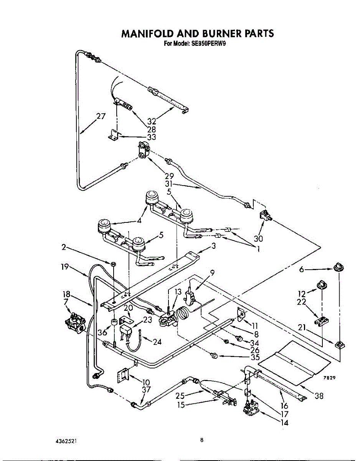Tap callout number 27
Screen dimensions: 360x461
[101, 116]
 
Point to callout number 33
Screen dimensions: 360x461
[151, 137]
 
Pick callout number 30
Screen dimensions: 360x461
[258, 239]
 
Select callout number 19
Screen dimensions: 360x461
[65, 267]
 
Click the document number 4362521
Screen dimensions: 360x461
[66, 441]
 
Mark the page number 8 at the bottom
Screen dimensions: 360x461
[202, 440]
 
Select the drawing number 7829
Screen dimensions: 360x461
[330, 378]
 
